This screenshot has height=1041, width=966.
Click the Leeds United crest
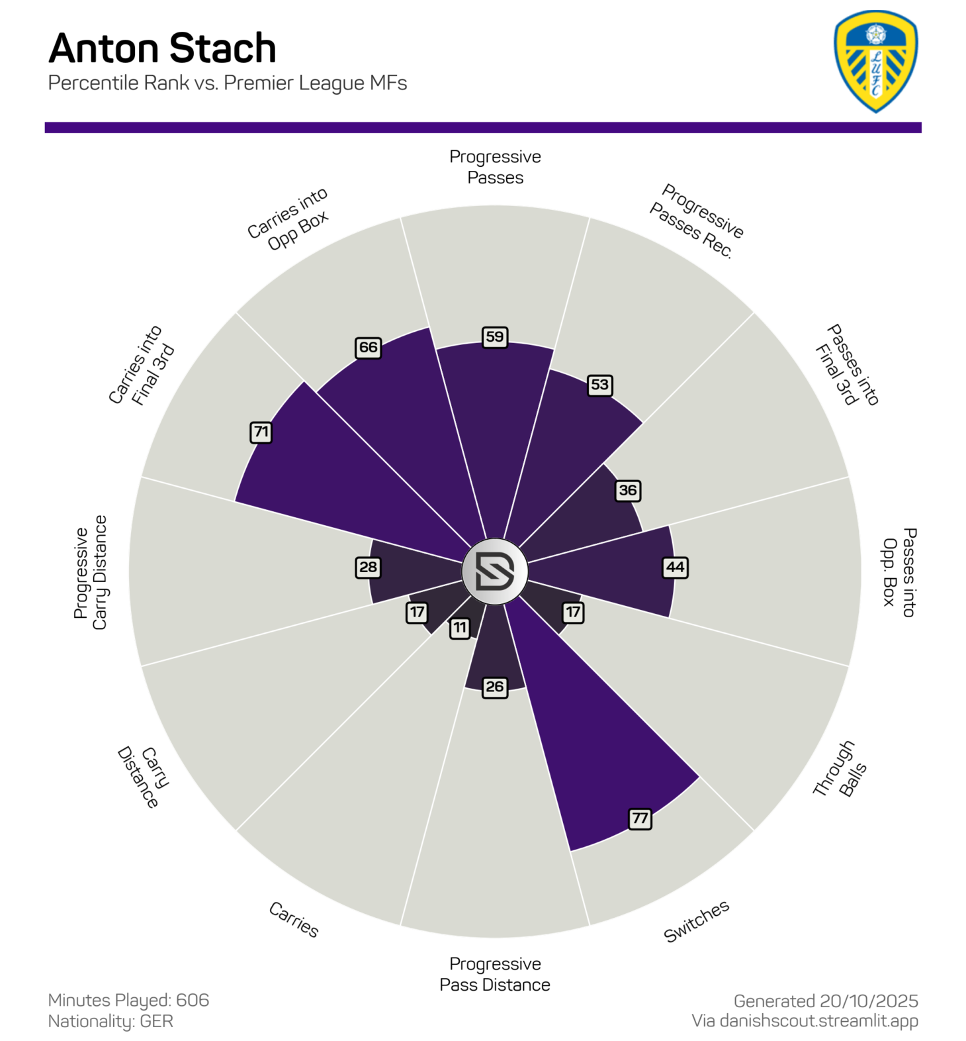pos(875,61)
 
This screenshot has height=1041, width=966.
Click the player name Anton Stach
pos(162,48)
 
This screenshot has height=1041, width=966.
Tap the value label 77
pos(640,818)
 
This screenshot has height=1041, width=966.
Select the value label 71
pos(261,432)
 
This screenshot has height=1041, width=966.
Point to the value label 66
pos(368,347)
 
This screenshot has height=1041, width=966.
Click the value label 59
pos(495,336)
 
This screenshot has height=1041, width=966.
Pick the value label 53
pos(599,385)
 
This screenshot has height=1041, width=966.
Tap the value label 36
pos(627,491)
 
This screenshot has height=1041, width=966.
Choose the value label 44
pos(675,567)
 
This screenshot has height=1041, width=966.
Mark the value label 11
pos(460,627)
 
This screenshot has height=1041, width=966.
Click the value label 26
pos(495,687)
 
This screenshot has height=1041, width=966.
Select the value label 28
pos(368,567)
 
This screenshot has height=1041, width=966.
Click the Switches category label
pos(696,920)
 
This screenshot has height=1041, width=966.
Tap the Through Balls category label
pos(839,769)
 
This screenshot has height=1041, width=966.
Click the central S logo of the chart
pos(495,571)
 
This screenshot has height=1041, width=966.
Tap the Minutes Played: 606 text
pos(128,999)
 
